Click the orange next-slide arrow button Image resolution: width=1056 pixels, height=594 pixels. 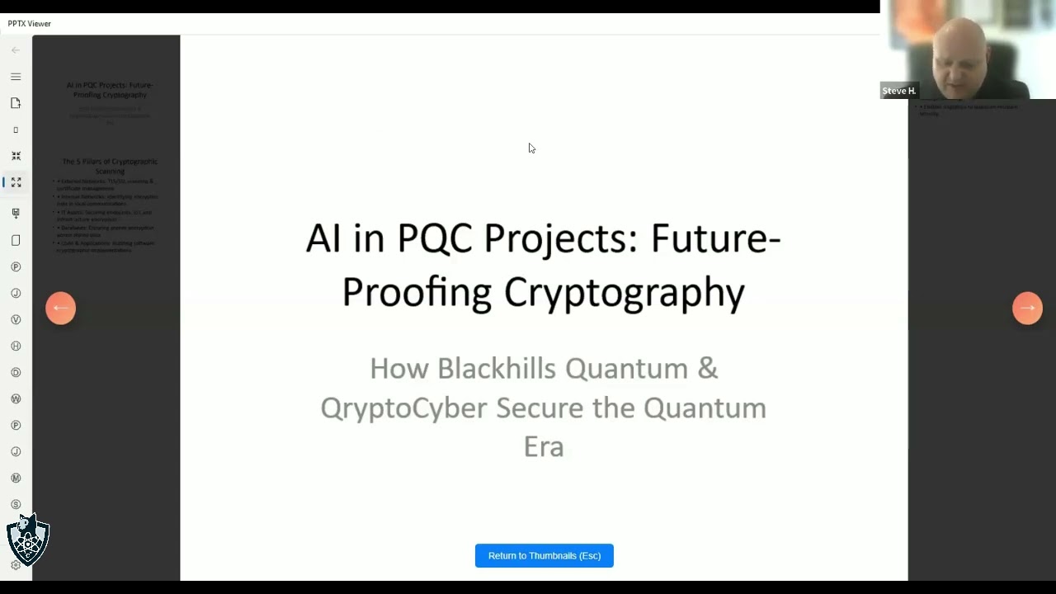click(x=1027, y=308)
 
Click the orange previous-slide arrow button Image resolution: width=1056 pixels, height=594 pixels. click(x=60, y=308)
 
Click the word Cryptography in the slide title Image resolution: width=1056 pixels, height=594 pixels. click(x=625, y=292)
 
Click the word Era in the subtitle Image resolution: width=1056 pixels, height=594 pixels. click(x=543, y=446)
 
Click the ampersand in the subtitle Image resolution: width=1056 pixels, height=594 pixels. click(x=707, y=368)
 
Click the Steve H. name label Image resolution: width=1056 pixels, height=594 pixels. click(x=898, y=91)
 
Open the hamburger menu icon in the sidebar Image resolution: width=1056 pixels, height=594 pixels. click(x=16, y=77)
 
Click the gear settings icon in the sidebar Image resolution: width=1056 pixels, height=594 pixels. click(x=16, y=565)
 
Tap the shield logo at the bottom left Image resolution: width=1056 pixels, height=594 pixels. click(x=28, y=540)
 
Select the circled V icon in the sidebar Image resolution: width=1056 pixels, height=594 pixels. click(x=16, y=319)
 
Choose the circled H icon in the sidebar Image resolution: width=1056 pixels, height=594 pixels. click(x=16, y=346)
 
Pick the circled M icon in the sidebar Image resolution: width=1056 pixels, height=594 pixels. click(x=16, y=478)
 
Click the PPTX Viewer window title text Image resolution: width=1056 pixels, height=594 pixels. click(x=30, y=24)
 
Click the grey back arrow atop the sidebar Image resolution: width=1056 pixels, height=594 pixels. click(x=16, y=50)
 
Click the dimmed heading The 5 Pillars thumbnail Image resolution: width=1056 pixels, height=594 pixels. click(x=110, y=166)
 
